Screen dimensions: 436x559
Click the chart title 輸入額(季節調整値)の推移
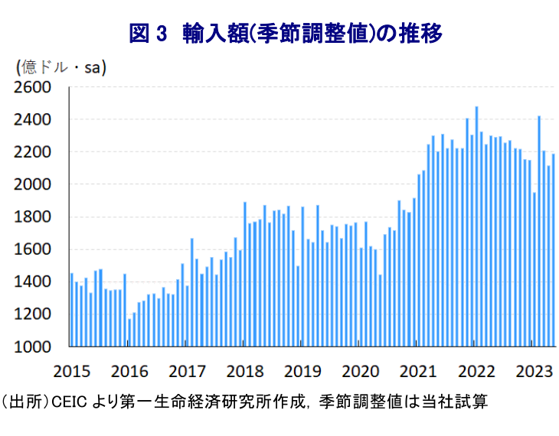313,34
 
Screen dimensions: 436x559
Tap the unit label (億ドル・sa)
61,68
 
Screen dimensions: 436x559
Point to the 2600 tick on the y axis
32,88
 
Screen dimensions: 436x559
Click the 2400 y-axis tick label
32,120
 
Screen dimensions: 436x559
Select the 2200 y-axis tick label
32,152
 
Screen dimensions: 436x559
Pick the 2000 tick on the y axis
32,185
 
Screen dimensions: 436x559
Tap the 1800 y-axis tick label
32,217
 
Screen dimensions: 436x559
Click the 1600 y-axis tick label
32,249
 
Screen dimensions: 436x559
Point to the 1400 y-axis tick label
32,282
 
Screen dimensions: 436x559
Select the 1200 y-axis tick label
32,314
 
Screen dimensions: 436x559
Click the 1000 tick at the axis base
32,347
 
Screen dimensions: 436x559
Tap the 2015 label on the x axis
72,371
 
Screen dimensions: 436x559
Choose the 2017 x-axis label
187,371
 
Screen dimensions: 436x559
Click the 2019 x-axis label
302,371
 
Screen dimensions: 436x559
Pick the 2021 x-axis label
418,371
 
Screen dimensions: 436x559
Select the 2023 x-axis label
534,371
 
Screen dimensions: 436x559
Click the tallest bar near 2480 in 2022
476,226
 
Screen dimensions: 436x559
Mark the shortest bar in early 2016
129,333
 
